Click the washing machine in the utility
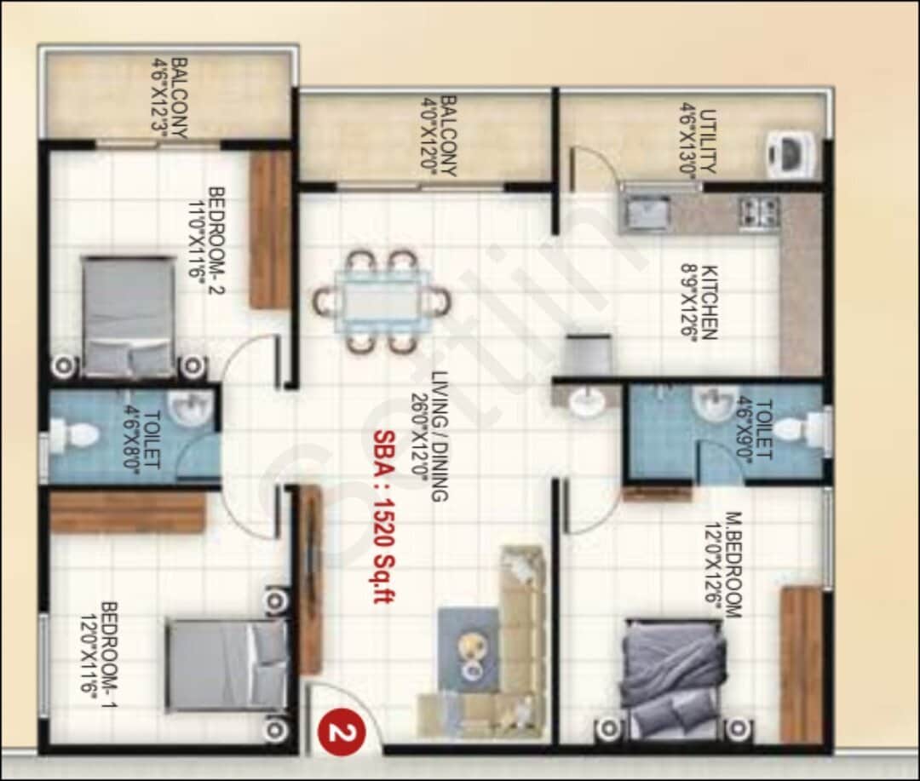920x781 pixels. (x=791, y=155)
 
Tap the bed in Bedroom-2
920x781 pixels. (x=128, y=316)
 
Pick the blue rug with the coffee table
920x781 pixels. (x=469, y=648)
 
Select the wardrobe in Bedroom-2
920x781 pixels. (x=271, y=230)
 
